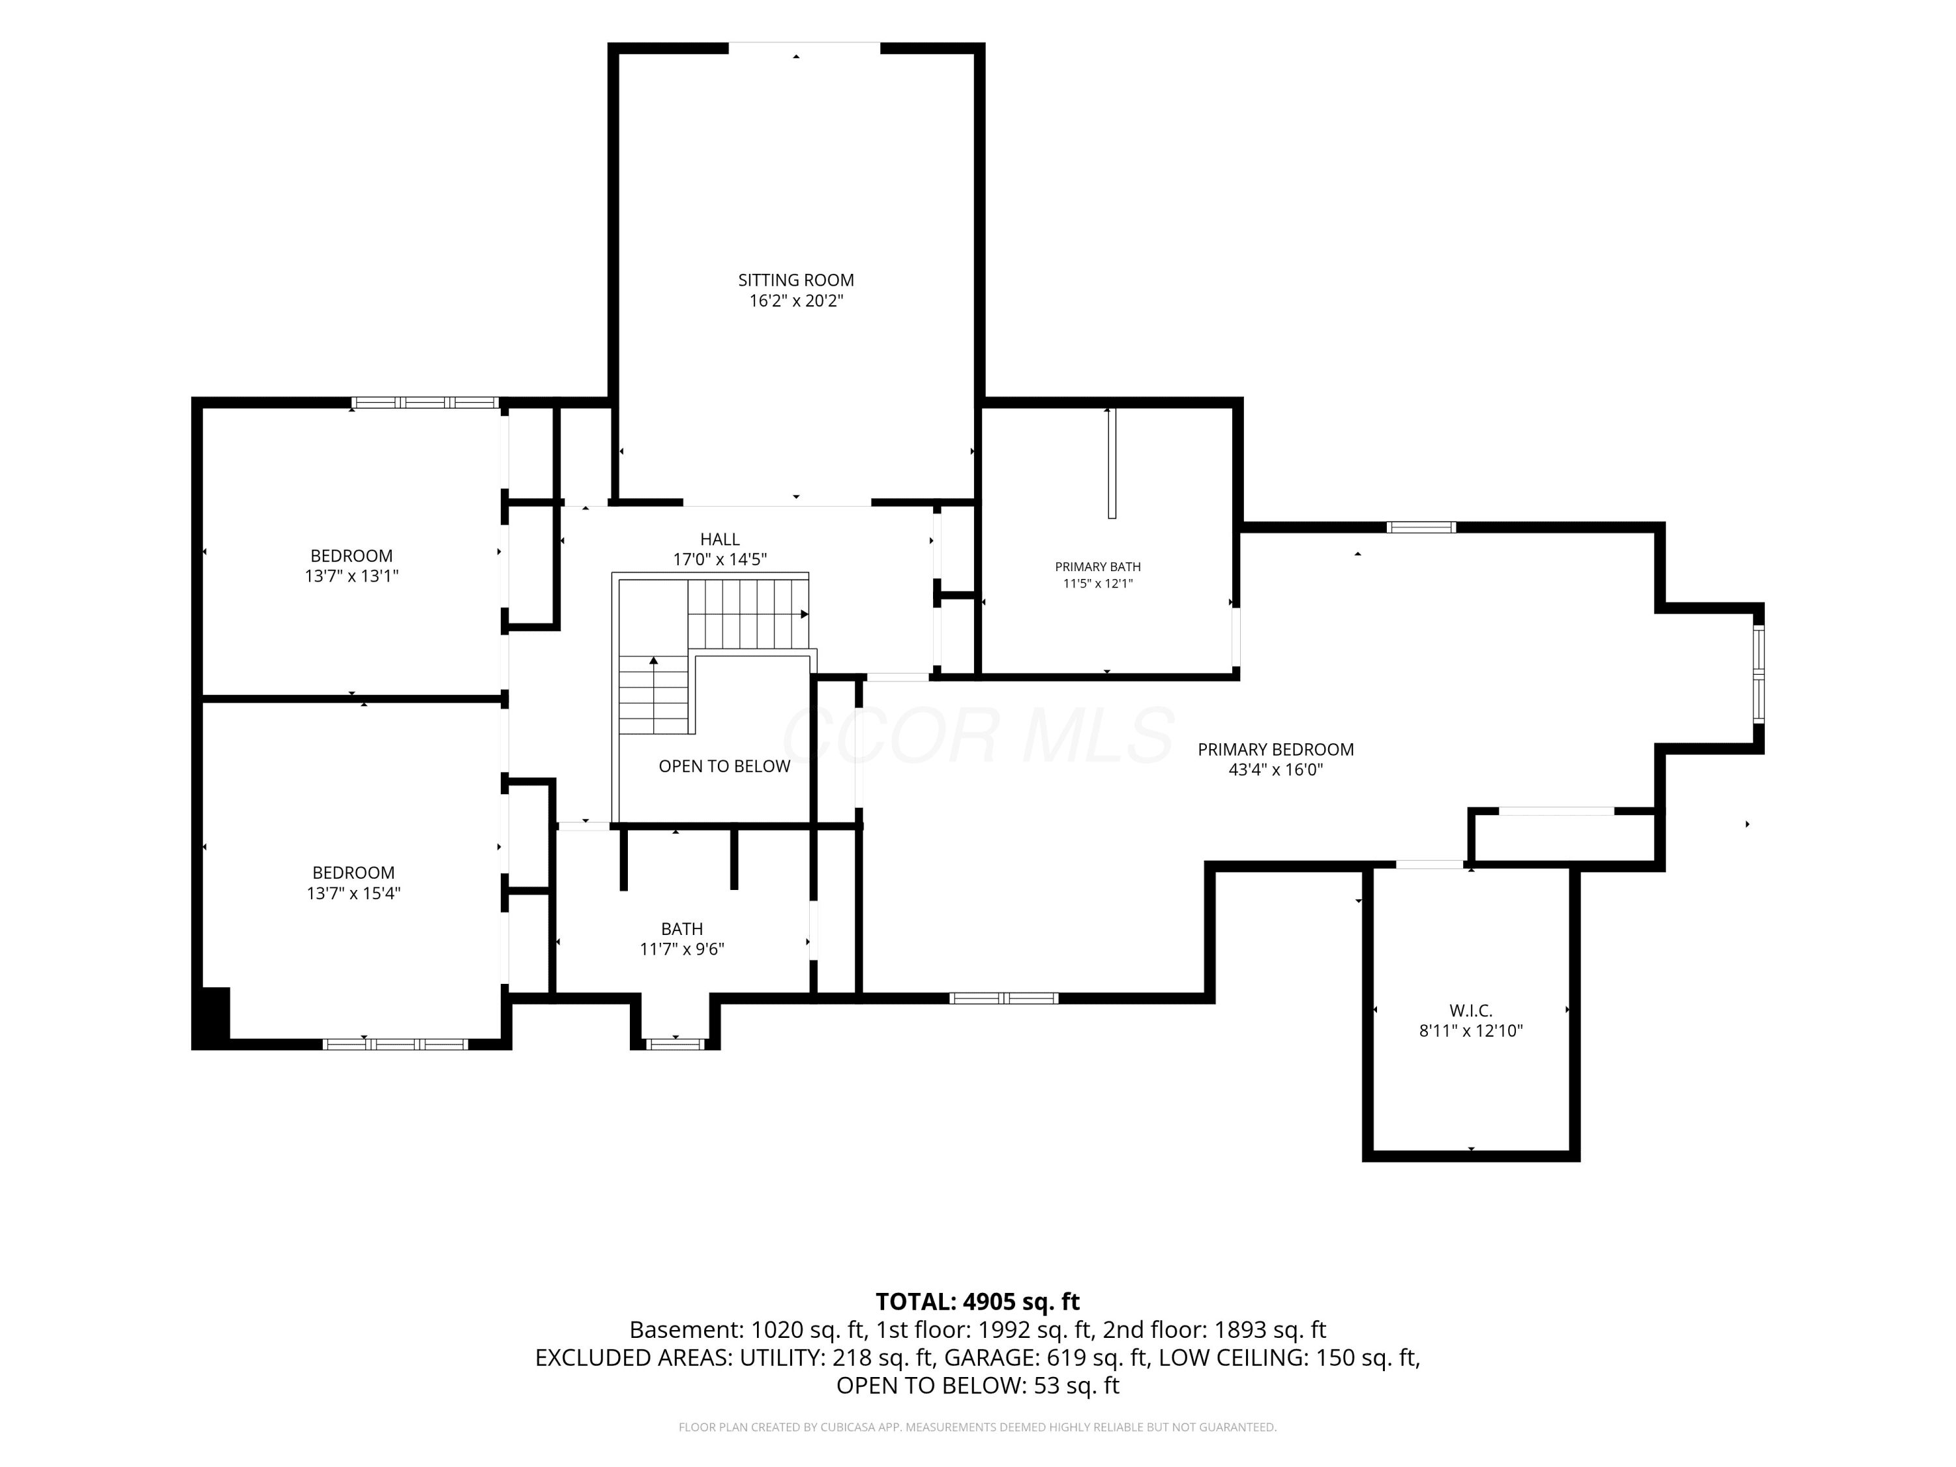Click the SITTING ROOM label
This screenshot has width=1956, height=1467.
click(796, 280)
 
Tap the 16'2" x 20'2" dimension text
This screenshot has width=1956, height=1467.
click(796, 301)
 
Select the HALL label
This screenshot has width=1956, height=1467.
click(720, 539)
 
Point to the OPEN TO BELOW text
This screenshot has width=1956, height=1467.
click(724, 767)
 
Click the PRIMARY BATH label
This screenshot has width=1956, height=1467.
click(1097, 567)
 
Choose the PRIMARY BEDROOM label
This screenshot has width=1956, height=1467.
click(1275, 750)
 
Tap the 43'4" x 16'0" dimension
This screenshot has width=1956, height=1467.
click(1275, 770)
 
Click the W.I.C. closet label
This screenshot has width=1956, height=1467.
click(1470, 1011)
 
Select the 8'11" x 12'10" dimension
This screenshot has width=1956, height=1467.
click(1470, 1031)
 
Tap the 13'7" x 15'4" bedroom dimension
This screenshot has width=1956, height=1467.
click(353, 894)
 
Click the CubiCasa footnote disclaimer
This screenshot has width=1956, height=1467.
click(977, 1427)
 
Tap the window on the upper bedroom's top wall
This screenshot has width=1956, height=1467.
click(424, 403)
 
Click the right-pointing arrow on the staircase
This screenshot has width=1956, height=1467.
click(805, 614)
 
